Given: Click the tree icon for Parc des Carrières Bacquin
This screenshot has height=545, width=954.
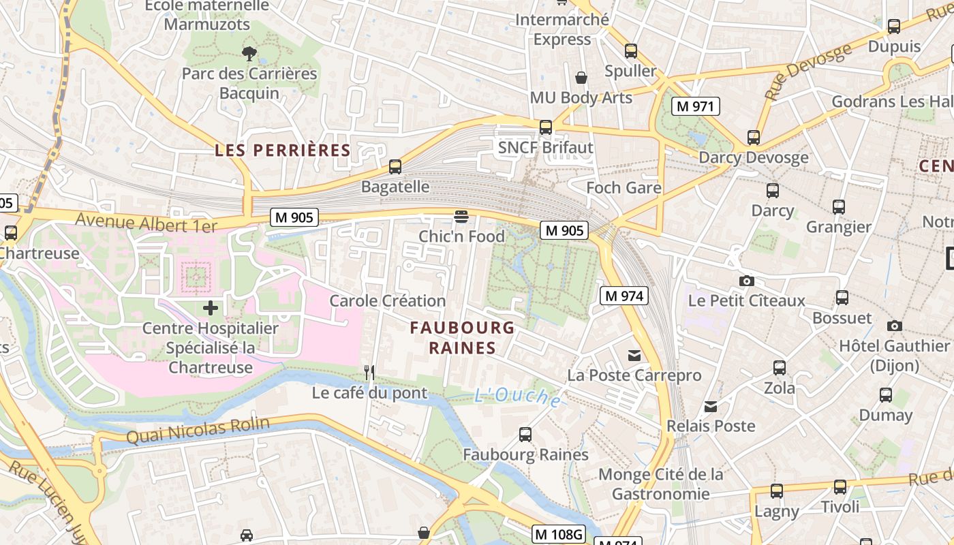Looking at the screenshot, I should coord(249,52).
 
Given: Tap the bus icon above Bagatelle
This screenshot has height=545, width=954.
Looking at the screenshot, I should coord(395,166).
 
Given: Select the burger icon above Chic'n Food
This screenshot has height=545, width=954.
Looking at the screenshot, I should coord(461,217).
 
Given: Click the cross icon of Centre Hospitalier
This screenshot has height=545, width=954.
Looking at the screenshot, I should coord(211,308).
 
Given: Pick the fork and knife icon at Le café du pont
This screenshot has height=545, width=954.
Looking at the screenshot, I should coord(369,373).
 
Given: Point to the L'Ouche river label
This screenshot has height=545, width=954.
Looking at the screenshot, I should coord(518,397).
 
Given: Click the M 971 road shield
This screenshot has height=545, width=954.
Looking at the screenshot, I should coord(695,106).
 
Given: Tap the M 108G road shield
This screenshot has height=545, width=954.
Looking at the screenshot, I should coord(558,534).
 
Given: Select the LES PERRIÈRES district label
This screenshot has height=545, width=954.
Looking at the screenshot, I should coord(282,151).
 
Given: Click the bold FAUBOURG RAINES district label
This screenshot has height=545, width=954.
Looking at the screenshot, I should coord(462,338).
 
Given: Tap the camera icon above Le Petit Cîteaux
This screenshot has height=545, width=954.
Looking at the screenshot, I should coord(746,281).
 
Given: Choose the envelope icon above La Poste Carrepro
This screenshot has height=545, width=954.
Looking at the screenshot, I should coord(634,355).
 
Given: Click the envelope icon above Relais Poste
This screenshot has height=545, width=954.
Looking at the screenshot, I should coord(711,406).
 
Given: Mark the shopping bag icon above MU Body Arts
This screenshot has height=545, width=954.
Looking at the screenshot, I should coord(581,78).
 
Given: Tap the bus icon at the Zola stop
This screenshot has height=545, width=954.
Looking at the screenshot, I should coord(780,368).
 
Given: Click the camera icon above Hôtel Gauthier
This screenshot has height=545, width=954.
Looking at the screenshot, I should coord(894,326).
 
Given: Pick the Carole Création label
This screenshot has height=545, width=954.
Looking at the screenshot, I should coord(387,300).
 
